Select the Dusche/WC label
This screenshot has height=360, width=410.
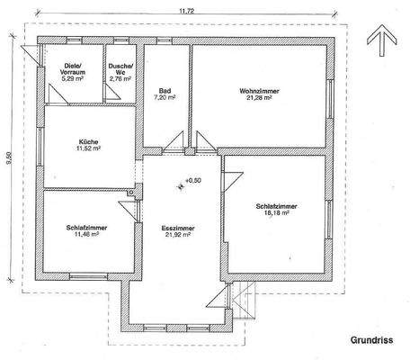coord(120,69)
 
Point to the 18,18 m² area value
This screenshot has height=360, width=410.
coord(276,216)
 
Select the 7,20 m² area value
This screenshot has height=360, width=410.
coord(166,98)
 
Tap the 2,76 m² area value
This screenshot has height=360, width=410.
coord(120,79)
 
